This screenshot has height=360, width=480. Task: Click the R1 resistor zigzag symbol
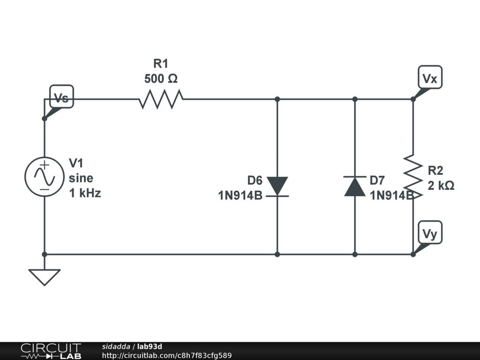[x=161, y=99]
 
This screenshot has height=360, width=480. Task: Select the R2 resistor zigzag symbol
[x=413, y=177]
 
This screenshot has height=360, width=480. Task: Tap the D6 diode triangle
[x=277, y=186]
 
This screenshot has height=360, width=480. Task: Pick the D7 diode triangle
[x=355, y=187]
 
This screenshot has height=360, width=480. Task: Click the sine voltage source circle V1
[x=44, y=177]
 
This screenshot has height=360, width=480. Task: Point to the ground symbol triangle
[x=45, y=276]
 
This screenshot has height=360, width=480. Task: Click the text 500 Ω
[x=161, y=79]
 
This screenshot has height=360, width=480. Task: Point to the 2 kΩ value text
[x=441, y=186]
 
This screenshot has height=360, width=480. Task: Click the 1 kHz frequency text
[x=85, y=193]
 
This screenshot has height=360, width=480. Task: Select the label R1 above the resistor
[x=161, y=64]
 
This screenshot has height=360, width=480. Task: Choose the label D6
[x=255, y=180]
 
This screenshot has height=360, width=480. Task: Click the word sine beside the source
[x=81, y=178]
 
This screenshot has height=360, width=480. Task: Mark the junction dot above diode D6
[x=277, y=99]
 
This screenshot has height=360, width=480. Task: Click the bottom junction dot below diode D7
[x=355, y=254]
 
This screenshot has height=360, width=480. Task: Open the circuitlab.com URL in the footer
[x=167, y=355]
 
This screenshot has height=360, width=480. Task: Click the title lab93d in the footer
[x=150, y=346]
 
